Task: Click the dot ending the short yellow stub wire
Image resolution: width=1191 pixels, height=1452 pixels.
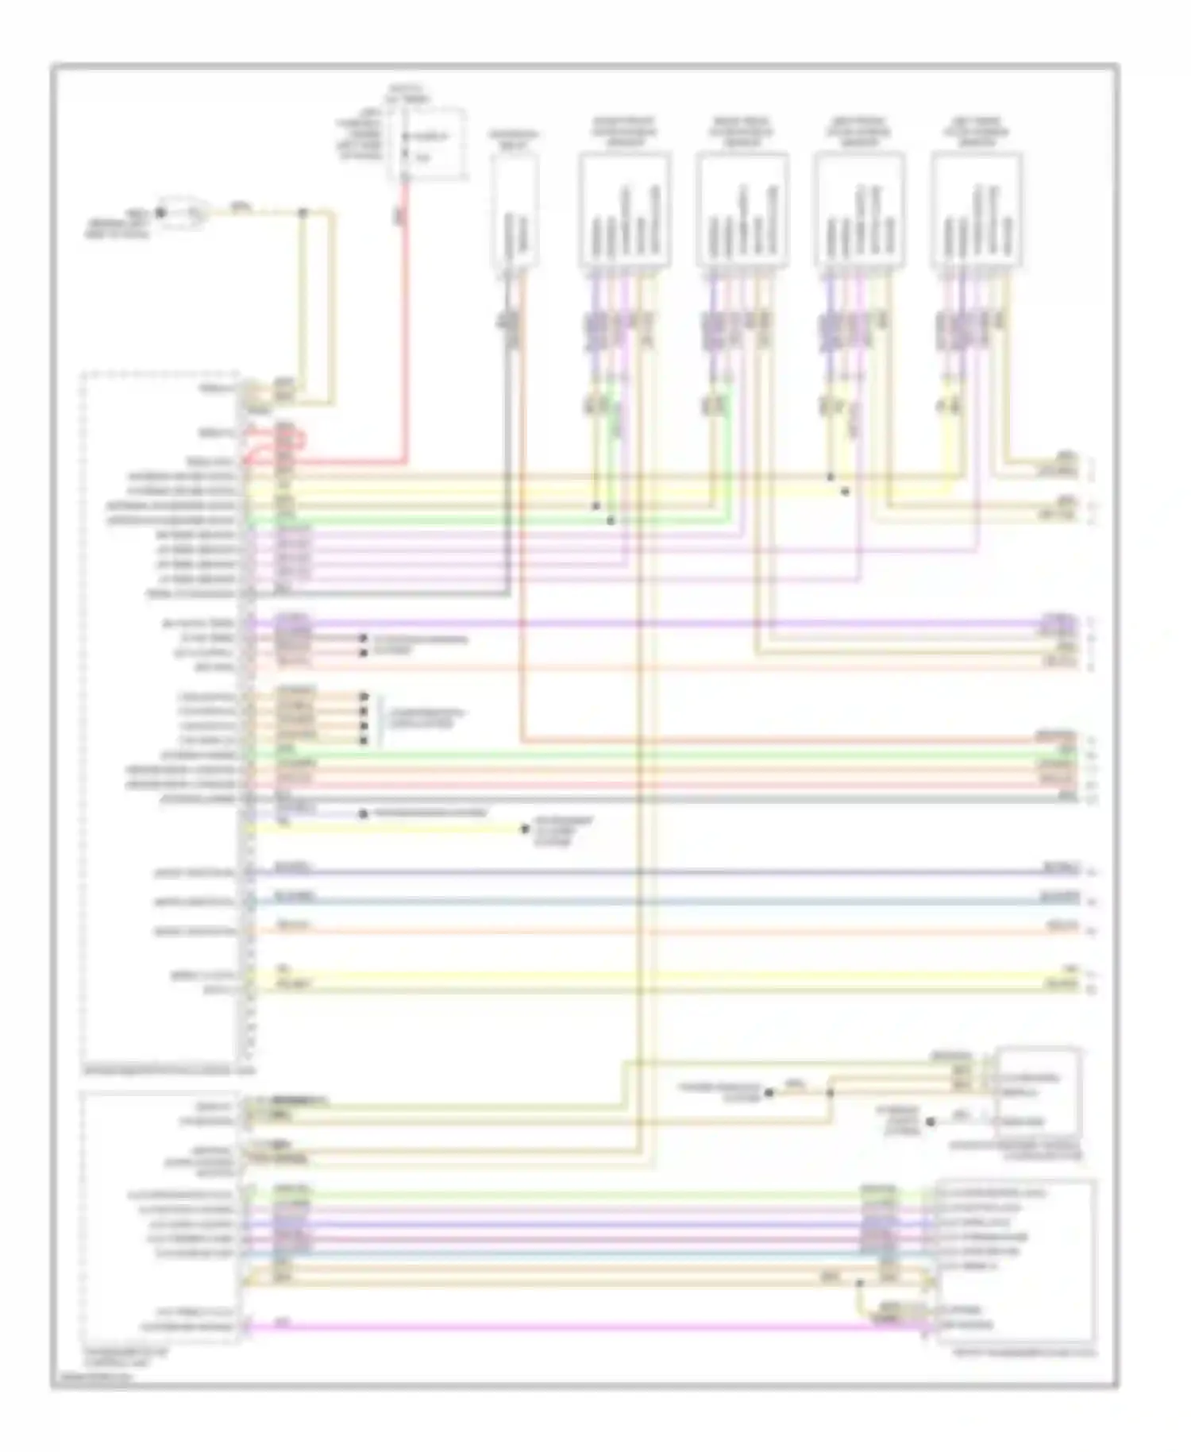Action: coord(525,829)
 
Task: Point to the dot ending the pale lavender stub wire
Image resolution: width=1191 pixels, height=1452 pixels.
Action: coord(364,814)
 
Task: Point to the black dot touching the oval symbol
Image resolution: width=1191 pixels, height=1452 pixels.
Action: coord(160,213)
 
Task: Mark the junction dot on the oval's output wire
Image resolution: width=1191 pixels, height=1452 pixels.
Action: coord(302,213)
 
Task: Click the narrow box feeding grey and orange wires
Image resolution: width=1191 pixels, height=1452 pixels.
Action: coord(515,210)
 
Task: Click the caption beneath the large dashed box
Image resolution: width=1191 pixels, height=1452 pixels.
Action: coord(170,1072)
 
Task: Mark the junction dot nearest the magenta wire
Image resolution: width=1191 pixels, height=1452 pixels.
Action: coord(860,1283)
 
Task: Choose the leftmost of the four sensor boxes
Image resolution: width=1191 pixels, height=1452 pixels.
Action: coord(624,210)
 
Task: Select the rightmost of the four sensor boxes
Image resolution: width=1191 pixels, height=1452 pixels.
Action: coord(976,210)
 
